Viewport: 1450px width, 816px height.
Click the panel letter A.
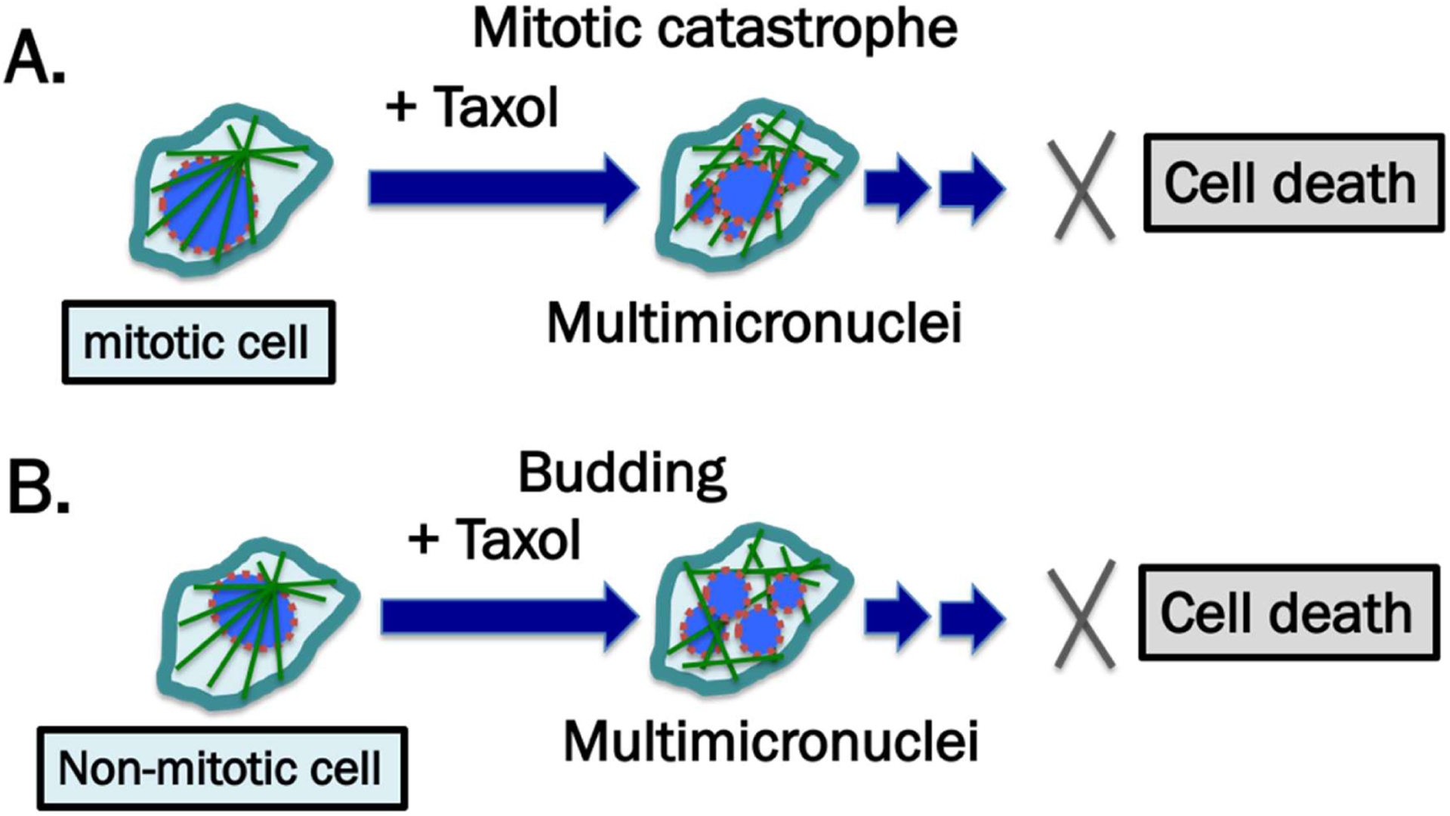coord(34,60)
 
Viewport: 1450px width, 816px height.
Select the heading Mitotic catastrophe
coord(714,29)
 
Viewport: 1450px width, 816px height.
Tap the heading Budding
coord(622,474)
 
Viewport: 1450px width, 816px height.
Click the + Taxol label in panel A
coord(473,107)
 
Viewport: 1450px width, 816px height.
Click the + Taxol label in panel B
coord(495,539)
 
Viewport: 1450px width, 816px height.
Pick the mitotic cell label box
coord(199,343)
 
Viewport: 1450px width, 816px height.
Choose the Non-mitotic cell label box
coord(222,768)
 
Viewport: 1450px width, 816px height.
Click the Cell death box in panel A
coord(1292,184)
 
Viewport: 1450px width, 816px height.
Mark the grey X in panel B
coord(1082,614)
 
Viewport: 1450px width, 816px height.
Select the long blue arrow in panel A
coord(502,188)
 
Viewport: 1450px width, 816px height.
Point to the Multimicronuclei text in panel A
coord(754,323)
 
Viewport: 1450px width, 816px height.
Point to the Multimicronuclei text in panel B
coord(770,741)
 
